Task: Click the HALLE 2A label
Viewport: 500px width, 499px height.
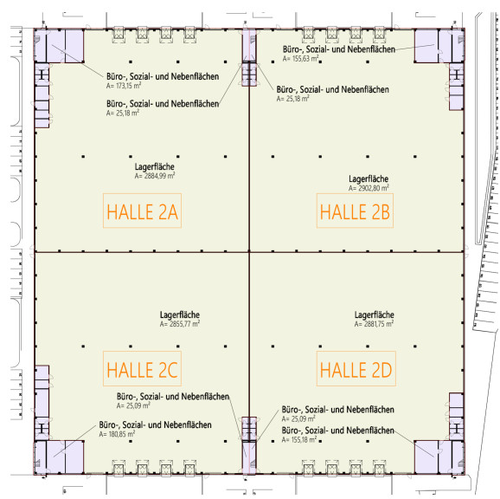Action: point(142,211)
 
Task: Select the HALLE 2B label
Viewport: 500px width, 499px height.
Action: point(355,211)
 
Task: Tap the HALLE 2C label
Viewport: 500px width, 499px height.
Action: point(142,370)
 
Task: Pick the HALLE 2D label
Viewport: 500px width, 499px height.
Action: point(356,370)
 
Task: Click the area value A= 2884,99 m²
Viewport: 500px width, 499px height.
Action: point(155,176)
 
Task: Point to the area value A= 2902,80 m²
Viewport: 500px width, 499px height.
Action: point(369,188)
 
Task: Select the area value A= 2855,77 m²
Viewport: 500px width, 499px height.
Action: point(180,324)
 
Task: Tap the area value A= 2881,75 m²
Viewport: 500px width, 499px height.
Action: point(374,324)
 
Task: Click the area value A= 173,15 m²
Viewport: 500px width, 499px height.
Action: point(124,86)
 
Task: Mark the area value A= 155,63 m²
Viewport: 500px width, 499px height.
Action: point(300,58)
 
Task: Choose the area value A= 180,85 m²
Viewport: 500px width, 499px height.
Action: point(117,434)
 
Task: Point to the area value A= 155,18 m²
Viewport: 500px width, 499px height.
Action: point(299,439)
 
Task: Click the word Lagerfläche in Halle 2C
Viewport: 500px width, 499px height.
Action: point(180,314)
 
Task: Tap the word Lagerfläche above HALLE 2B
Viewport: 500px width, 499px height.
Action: point(369,178)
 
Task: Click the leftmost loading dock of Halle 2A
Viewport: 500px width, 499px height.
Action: point(119,34)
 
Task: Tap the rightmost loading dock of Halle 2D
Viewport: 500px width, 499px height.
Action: point(379,469)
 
